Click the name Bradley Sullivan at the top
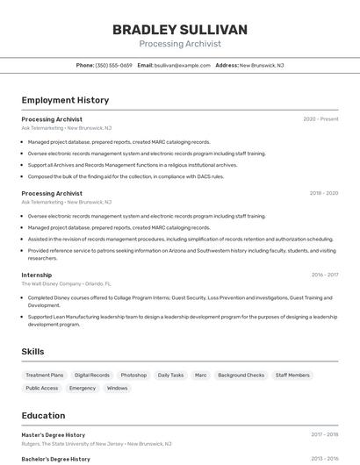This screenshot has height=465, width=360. point(180,30)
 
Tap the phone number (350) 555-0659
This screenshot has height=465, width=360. point(113,65)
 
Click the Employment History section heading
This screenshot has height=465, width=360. point(65,100)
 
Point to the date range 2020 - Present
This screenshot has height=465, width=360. point(320,118)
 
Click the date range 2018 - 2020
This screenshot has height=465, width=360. point(324,193)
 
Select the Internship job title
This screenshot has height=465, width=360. point(37,275)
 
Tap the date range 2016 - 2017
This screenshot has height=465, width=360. point(325,275)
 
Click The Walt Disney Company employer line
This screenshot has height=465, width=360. point(66,284)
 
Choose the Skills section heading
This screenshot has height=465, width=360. point(33,351)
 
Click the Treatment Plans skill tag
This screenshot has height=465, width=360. point(45,375)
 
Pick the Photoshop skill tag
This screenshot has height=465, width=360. point(133,375)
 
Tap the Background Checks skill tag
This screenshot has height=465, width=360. point(241,375)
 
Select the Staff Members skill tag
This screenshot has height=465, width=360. point(292,375)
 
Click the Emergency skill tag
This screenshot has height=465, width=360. point(83,388)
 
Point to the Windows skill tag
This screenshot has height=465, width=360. point(118,388)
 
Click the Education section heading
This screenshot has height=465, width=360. point(44,415)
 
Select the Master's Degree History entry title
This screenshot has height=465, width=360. point(54,434)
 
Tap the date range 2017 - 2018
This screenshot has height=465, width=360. point(324,434)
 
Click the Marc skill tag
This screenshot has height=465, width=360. point(201,375)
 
